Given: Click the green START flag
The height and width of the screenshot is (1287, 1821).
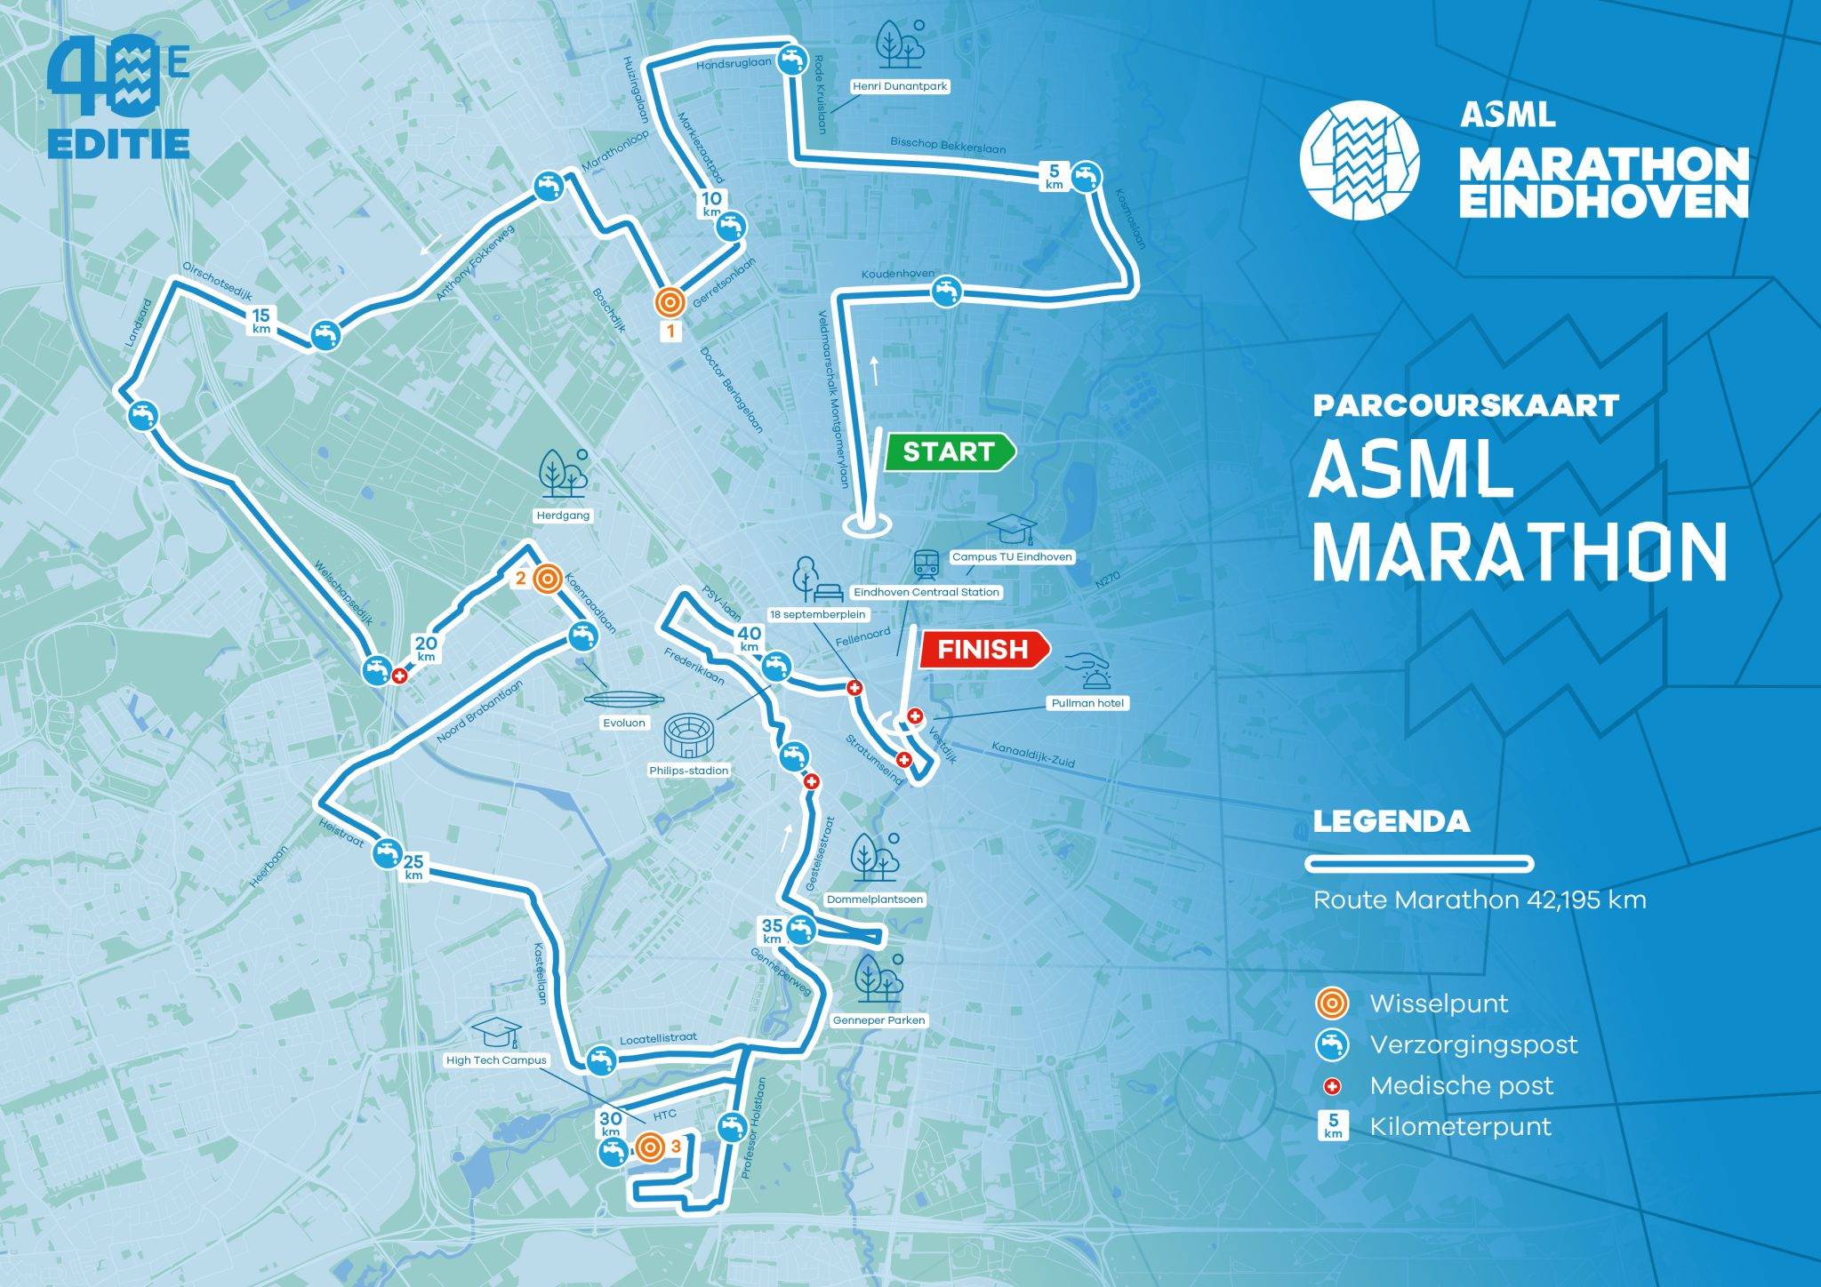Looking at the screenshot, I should pyautogui.click(x=948, y=452).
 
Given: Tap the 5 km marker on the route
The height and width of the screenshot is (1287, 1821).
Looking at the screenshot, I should pyautogui.click(x=1054, y=176).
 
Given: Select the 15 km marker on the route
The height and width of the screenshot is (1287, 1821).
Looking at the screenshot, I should pyautogui.click(x=261, y=320).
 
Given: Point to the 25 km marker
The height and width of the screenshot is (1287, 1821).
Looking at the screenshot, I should pyautogui.click(x=413, y=867).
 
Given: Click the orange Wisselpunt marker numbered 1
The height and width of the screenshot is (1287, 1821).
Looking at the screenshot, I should pyautogui.click(x=670, y=302).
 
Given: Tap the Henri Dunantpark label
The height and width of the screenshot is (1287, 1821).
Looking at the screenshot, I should pyautogui.click(x=900, y=87).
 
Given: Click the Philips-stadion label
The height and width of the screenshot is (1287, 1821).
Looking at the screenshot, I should pyautogui.click(x=688, y=771).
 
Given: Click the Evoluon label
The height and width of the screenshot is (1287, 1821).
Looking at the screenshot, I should pyautogui.click(x=623, y=723).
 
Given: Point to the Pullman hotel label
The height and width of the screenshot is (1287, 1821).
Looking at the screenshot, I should pyautogui.click(x=1087, y=703).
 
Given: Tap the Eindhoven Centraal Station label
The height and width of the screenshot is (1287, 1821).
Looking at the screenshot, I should pyautogui.click(x=926, y=592).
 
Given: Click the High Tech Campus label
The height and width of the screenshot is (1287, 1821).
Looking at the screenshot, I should pyautogui.click(x=496, y=1059).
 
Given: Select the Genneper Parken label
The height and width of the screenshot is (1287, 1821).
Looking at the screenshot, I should pyautogui.click(x=878, y=1019).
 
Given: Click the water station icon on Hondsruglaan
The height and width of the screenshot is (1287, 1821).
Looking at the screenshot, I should pyautogui.click(x=791, y=60).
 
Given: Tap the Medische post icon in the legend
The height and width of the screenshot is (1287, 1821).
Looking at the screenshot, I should pyautogui.click(x=1331, y=1086).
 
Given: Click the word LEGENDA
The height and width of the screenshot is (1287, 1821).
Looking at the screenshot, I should pyautogui.click(x=1391, y=821).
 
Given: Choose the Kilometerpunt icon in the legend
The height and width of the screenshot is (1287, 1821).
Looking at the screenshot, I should pyautogui.click(x=1332, y=1127).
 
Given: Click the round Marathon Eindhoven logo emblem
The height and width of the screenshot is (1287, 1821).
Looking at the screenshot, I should pyautogui.click(x=1359, y=160).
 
